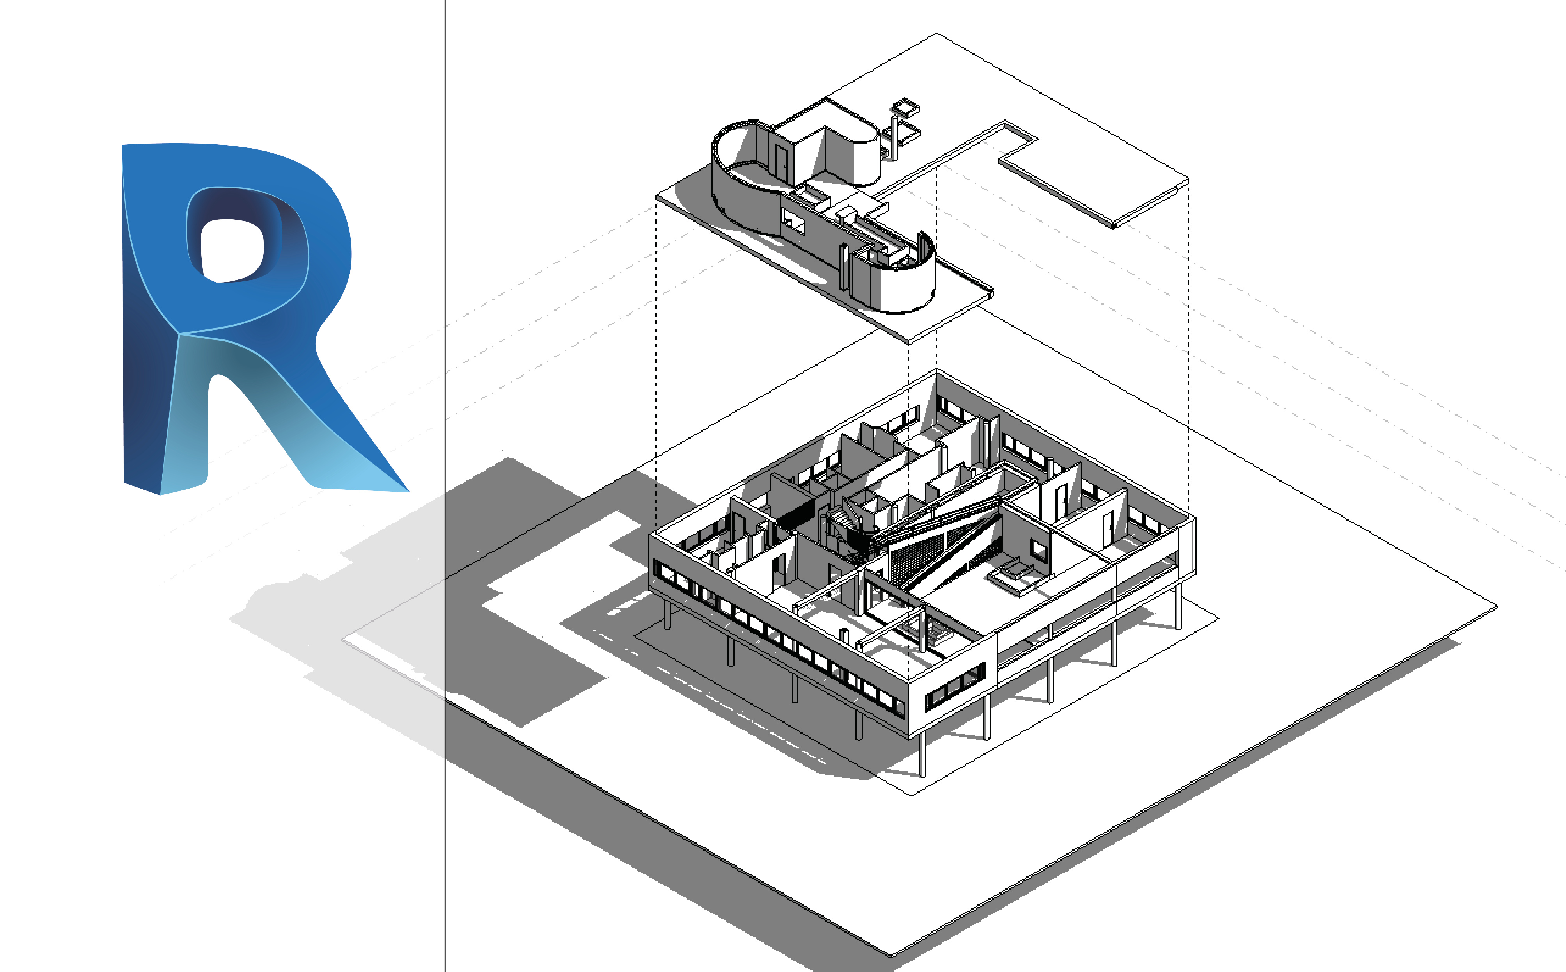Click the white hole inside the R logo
pos(231,249)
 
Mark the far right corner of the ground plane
pos(1496,606)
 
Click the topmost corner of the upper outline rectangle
pos(936,34)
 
